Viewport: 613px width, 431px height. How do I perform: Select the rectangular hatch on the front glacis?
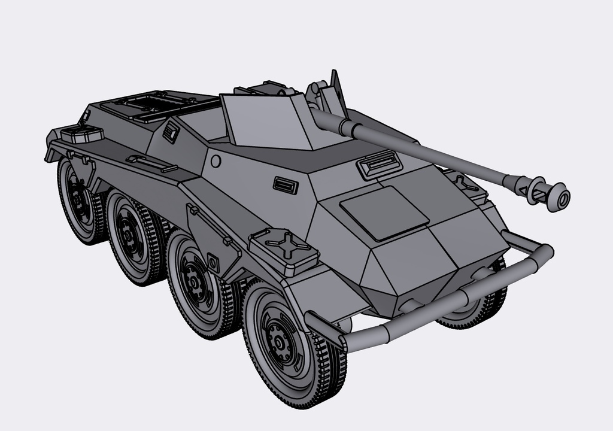(x=384, y=213)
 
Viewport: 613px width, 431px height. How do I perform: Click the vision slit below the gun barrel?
(x=378, y=163)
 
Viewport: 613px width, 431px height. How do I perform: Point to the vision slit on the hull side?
(x=286, y=185)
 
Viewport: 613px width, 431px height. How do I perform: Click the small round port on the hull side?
(x=216, y=161)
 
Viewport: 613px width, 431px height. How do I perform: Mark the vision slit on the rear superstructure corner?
(x=171, y=132)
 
